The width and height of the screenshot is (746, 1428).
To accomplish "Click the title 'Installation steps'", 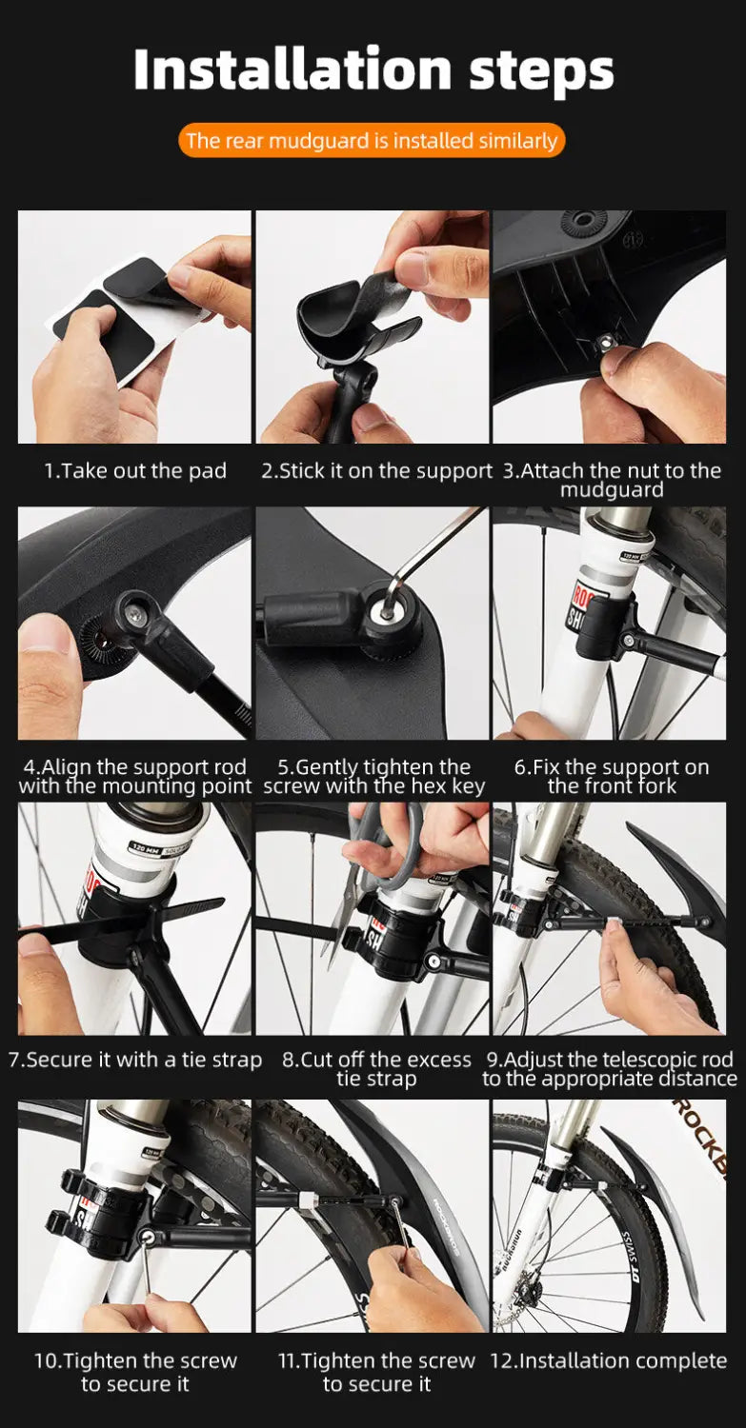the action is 373,70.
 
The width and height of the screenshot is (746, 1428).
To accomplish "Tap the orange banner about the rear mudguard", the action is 372,140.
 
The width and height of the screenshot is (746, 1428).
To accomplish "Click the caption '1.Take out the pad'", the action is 134,471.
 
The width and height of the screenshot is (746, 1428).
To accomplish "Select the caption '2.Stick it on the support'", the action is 376,471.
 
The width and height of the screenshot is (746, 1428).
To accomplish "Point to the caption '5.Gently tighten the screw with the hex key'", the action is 374,777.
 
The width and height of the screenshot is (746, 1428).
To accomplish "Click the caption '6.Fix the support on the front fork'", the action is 612,777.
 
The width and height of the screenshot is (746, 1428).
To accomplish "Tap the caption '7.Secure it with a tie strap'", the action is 134,1060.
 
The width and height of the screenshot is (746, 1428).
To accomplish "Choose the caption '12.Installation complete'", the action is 608,1361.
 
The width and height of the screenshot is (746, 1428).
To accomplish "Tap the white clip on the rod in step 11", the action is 309,1200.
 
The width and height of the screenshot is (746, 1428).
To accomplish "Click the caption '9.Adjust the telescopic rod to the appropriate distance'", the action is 610,1069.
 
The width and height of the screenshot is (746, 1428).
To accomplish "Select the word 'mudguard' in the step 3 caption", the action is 612,489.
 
